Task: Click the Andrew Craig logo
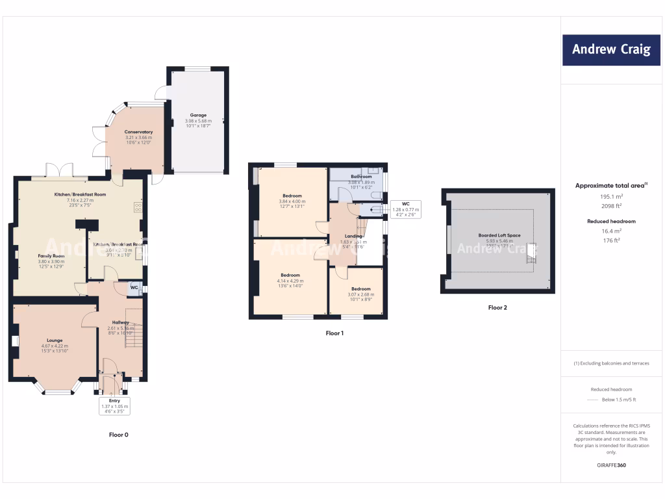point(611,49)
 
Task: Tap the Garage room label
point(198,115)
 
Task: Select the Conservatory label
point(138,132)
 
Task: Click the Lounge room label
point(55,339)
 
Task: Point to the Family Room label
point(51,256)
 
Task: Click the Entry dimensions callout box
point(114,405)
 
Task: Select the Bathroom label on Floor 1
point(362,177)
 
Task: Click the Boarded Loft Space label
point(499,235)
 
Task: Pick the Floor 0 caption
point(118,435)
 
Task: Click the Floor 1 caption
point(334,333)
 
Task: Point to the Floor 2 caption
point(497,307)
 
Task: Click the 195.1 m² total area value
point(610,196)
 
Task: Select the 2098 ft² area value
point(610,205)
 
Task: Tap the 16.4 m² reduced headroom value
point(610,231)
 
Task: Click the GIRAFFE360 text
point(610,465)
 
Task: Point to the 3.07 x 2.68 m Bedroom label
point(361,288)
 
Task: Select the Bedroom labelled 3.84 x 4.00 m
point(292,196)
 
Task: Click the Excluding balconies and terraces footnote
point(611,363)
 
